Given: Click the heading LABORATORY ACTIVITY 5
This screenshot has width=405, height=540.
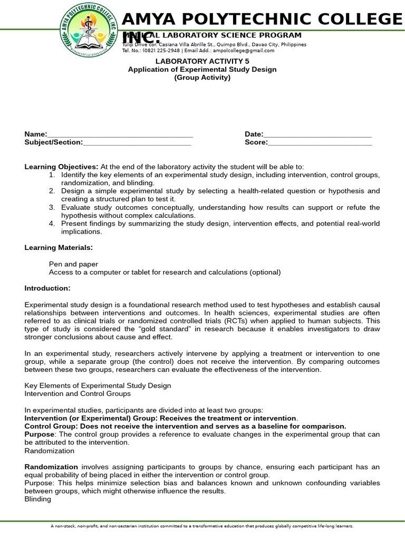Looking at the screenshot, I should click(x=202, y=61).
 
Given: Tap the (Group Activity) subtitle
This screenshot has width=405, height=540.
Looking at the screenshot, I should click(x=202, y=78).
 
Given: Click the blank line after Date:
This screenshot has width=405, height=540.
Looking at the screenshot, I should click(x=317, y=136).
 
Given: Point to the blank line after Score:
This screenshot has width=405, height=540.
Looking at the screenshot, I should click(x=320, y=143).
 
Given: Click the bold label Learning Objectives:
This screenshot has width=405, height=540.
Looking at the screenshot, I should click(x=61, y=167).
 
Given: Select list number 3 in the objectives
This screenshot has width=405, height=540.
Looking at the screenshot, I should click(x=52, y=207).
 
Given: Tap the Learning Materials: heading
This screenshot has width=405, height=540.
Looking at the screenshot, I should click(x=59, y=247).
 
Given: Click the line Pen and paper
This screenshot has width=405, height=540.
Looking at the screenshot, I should click(x=73, y=264).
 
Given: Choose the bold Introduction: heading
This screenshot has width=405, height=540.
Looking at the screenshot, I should click(x=47, y=288).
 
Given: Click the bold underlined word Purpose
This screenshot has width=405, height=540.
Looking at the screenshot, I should click(x=40, y=434).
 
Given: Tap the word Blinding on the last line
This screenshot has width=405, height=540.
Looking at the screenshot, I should click(x=38, y=499).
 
